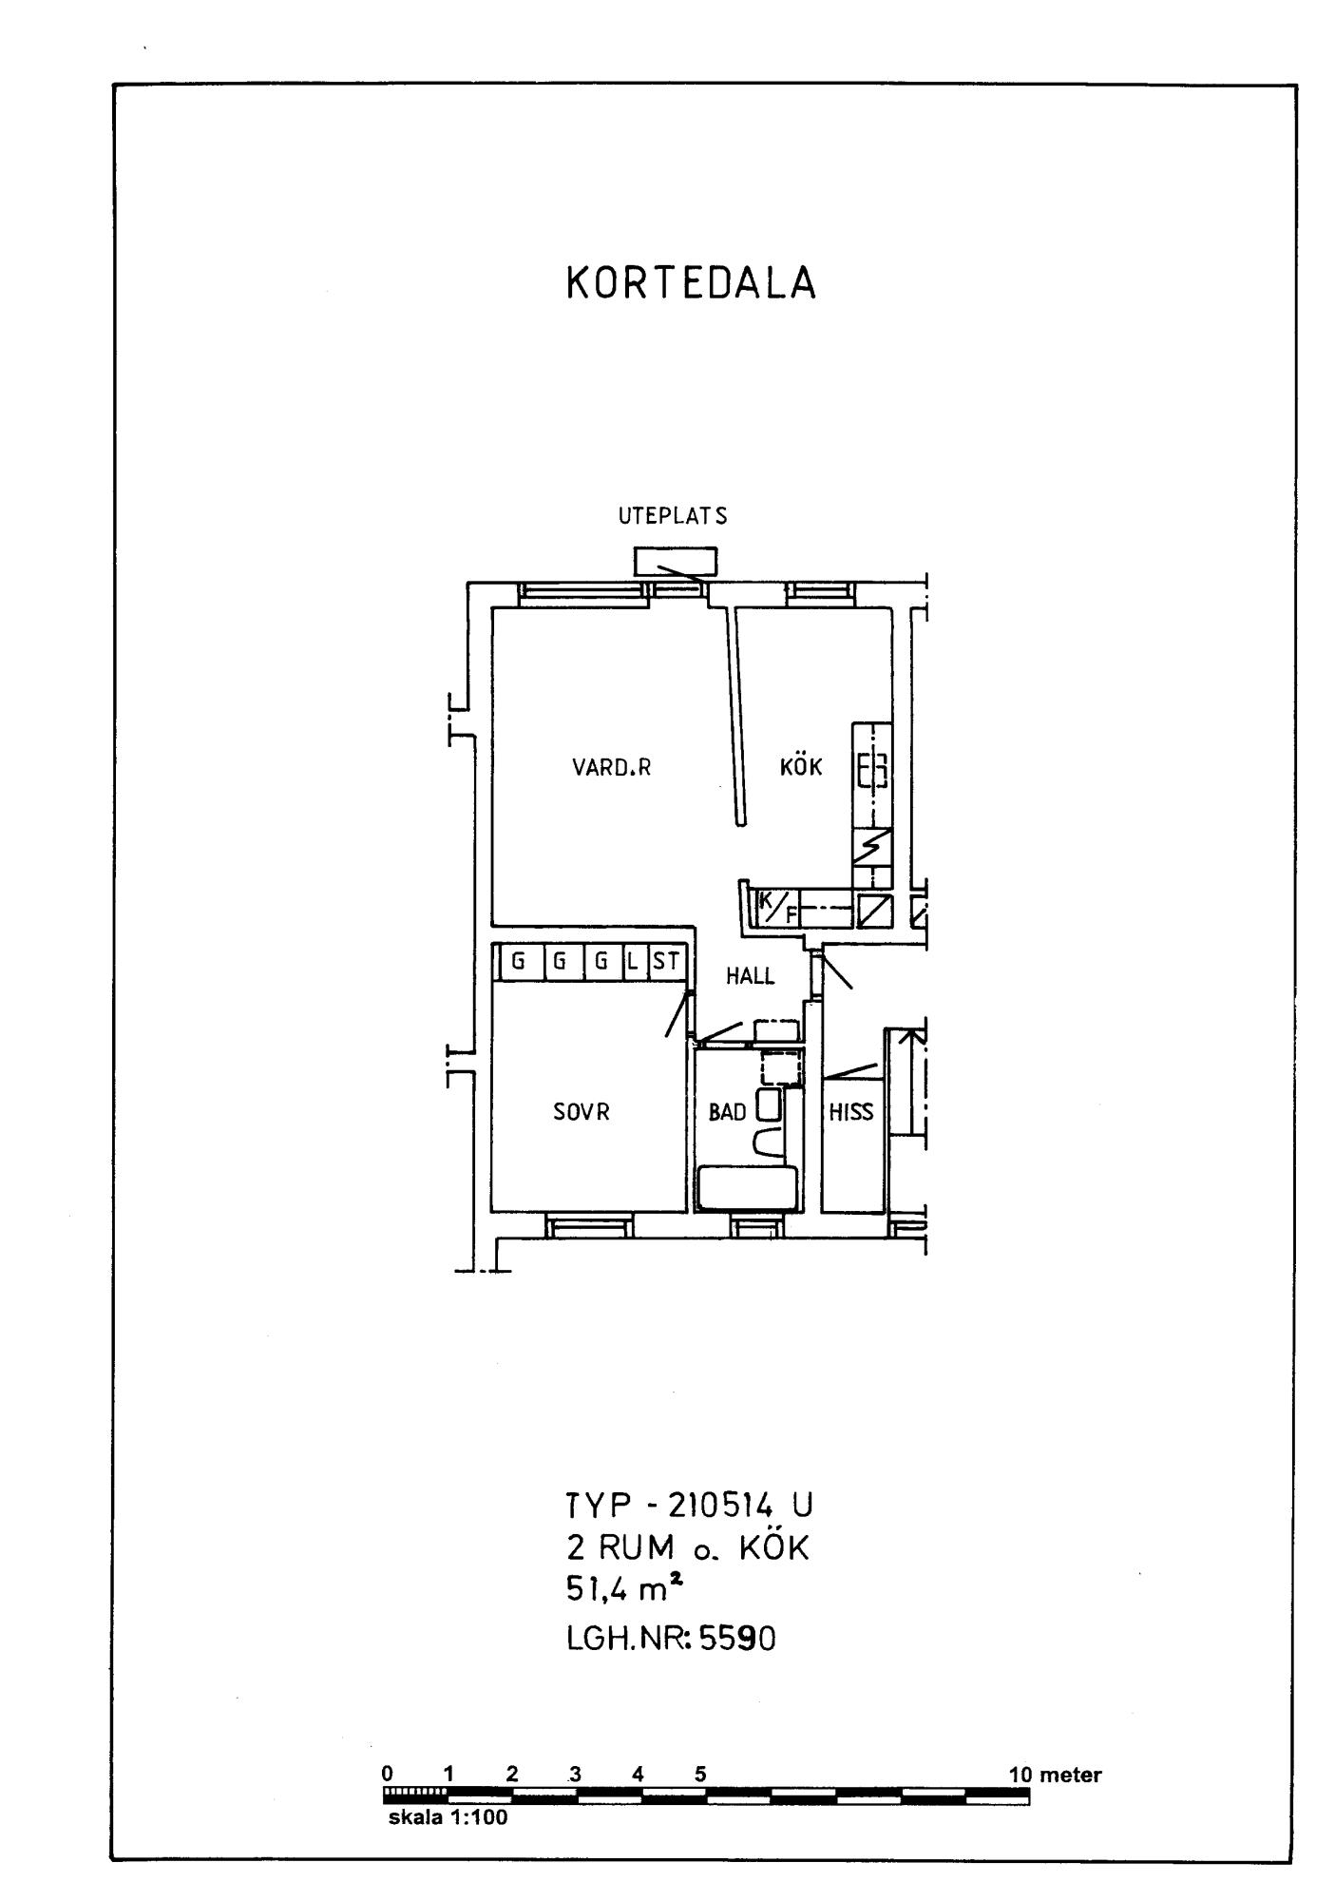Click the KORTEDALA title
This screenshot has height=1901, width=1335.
pos(691,283)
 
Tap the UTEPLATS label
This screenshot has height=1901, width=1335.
pos(673,516)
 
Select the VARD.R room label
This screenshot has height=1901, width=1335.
pos(612,768)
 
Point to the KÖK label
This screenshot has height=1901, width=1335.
pos(801,765)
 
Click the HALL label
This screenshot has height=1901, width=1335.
pos(751,976)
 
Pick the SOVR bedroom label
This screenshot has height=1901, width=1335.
pos(582,1111)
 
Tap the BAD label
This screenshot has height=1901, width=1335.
pos(728,1112)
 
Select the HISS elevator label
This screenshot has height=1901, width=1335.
pos(851,1112)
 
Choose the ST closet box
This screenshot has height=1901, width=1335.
pos(666,961)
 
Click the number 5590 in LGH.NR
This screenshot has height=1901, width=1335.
pos(737,1638)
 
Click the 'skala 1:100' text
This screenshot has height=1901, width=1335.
pos(448,1818)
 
